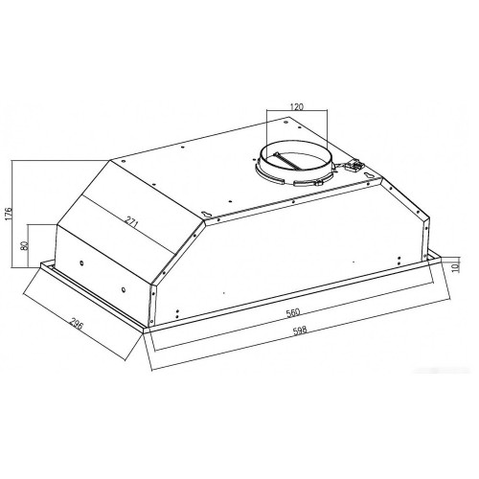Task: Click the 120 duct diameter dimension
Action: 297,106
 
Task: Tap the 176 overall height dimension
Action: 9,213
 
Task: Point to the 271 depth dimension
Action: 131,222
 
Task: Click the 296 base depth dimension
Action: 77,328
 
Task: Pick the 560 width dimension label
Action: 293,312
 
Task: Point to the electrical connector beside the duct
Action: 354,166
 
